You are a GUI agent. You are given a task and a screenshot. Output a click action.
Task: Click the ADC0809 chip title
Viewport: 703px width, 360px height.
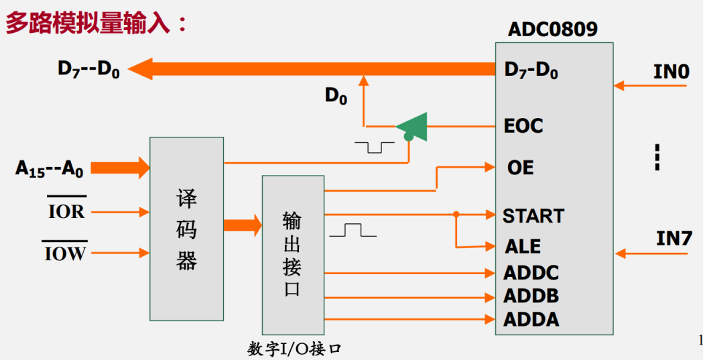click(x=553, y=29)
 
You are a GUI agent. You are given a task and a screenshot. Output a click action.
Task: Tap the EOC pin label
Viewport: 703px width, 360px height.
click(x=523, y=126)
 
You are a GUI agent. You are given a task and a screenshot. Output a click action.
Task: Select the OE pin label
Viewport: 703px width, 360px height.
click(x=520, y=167)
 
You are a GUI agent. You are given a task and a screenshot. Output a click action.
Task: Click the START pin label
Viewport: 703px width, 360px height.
click(x=533, y=216)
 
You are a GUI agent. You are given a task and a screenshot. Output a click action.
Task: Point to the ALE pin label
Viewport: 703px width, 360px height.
click(x=523, y=246)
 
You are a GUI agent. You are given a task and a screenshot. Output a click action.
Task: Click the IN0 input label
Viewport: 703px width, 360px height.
click(x=671, y=72)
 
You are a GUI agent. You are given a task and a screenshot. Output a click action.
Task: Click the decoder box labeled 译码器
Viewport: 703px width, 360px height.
click(x=186, y=229)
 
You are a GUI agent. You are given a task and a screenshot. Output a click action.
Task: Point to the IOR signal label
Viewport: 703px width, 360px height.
click(x=67, y=212)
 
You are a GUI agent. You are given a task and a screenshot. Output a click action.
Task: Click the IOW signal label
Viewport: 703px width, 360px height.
click(x=67, y=253)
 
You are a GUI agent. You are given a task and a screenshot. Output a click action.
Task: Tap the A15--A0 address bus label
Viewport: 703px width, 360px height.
click(x=50, y=169)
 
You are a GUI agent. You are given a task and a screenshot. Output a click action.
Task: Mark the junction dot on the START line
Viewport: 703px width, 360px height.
click(x=456, y=215)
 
